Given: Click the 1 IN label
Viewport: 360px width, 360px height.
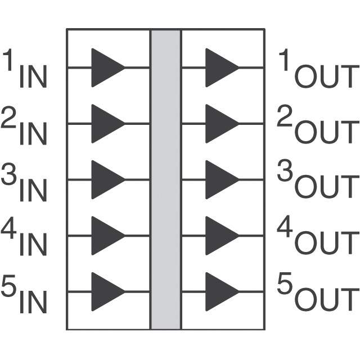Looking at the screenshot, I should pyautogui.click(x=26, y=70).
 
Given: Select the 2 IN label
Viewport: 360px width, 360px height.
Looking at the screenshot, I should pyautogui.click(x=25, y=126).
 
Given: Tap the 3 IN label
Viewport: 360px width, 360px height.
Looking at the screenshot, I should pyautogui.click(x=25, y=183).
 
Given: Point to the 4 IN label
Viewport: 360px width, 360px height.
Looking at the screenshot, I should pyautogui.click(x=25, y=238).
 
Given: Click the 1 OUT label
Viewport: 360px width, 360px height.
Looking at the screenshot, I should pyautogui.click(x=318, y=70).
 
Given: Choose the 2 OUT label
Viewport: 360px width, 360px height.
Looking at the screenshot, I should pyautogui.click(x=318, y=126).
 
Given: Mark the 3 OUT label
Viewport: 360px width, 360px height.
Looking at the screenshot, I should pyautogui.click(x=318, y=183).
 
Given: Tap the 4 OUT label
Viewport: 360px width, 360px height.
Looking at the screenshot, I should pyautogui.click(x=318, y=238).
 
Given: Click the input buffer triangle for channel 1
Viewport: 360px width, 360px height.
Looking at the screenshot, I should pyautogui.click(x=106, y=67).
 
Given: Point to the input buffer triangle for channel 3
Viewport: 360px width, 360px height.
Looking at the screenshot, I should pyautogui.click(x=106, y=180).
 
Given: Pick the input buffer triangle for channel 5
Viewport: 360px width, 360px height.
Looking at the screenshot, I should pyautogui.click(x=106, y=292).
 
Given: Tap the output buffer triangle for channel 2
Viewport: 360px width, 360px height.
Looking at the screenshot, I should pyautogui.click(x=220, y=124).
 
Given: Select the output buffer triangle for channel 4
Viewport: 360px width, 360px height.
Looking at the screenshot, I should pyautogui.click(x=220, y=236).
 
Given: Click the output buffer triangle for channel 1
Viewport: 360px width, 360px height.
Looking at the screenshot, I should pyautogui.click(x=220, y=67).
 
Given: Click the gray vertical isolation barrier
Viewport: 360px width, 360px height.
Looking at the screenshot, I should pyautogui.click(x=165, y=180).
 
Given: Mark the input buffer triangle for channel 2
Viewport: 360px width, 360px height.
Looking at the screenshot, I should pyautogui.click(x=106, y=124).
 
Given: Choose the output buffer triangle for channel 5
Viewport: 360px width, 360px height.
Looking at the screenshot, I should pyautogui.click(x=220, y=292).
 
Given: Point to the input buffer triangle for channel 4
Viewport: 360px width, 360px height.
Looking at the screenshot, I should pyautogui.click(x=106, y=236).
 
